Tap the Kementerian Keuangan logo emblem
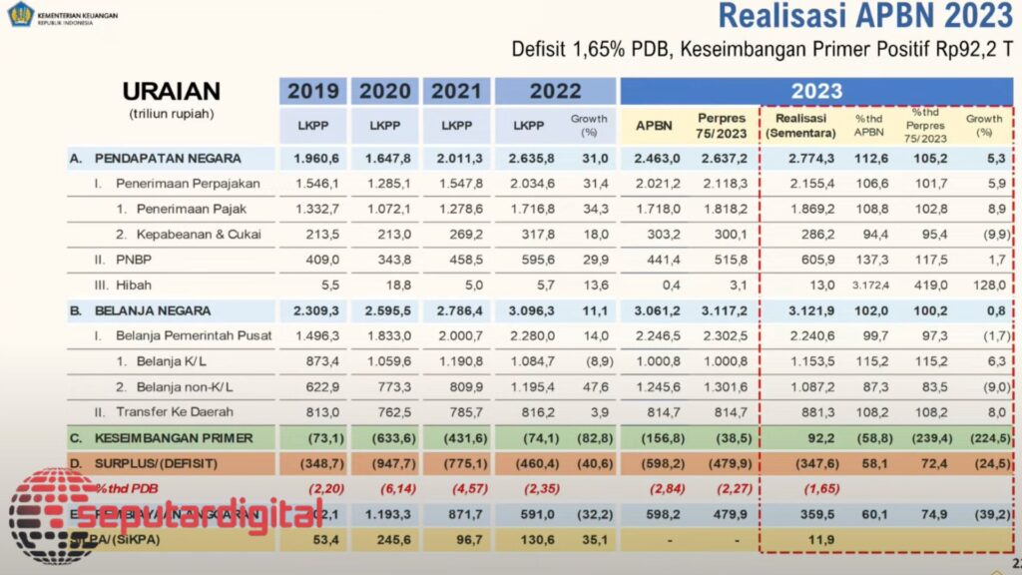(x=20, y=15)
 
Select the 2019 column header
(x=313, y=91)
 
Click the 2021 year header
(x=456, y=91)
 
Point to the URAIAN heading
(x=172, y=91)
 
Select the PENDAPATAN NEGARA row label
(x=156, y=158)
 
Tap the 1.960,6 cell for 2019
(x=313, y=158)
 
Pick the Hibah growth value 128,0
(x=989, y=286)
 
